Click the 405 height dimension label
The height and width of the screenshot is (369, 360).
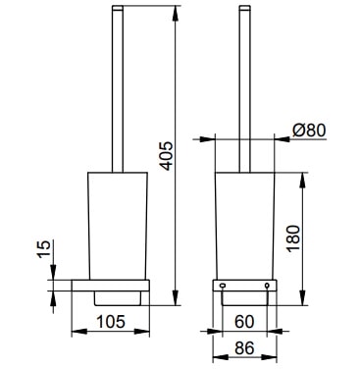pyautogui.click(x=167, y=156)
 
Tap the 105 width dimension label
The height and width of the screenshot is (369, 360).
pyautogui.click(x=111, y=321)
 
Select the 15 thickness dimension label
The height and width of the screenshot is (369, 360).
pyautogui.click(x=44, y=249)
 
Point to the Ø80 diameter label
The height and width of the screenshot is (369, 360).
pyautogui.click(x=309, y=131)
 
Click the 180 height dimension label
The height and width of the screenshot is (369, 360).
pyautogui.click(x=293, y=237)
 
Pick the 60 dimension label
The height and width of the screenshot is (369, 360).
pyautogui.click(x=244, y=321)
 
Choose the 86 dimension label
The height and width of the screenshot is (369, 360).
pyautogui.click(x=244, y=348)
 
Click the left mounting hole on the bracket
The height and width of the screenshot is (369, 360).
pyautogui.click(x=223, y=286)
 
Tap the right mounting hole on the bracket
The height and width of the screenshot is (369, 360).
pyautogui.click(x=267, y=286)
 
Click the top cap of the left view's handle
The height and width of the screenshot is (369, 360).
pyautogui.click(x=118, y=8)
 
